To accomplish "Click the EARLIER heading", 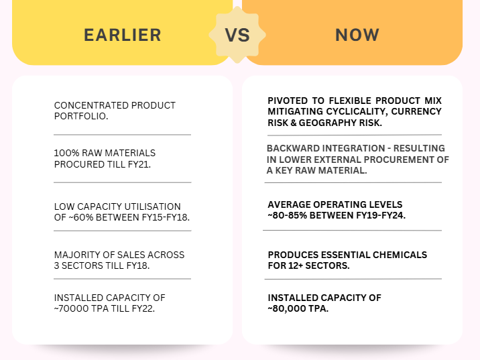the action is coord(123,35).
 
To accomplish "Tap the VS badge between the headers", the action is coord(237,35).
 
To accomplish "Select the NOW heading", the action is coord(357,35).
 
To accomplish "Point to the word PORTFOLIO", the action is coord(81,117).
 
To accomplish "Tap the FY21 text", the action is coord(139,164).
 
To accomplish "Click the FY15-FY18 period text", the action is coord(166,217).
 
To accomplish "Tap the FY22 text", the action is coord(143,308).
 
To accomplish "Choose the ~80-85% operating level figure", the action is coord(288,215).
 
